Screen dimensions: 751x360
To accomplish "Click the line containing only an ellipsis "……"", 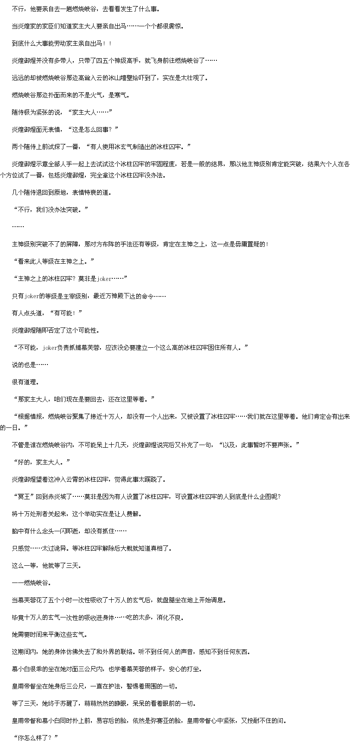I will click(x=18, y=226).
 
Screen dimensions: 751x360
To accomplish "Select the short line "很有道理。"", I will click(x=25, y=382).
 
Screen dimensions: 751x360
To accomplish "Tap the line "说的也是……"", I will click(x=30, y=365).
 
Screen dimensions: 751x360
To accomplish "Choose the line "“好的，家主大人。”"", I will click(x=41, y=462).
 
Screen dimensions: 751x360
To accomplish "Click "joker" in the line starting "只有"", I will click(x=32, y=296).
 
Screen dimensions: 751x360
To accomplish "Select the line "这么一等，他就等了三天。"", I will click(x=47, y=565).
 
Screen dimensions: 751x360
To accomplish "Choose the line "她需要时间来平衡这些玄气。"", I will click(x=50, y=634).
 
